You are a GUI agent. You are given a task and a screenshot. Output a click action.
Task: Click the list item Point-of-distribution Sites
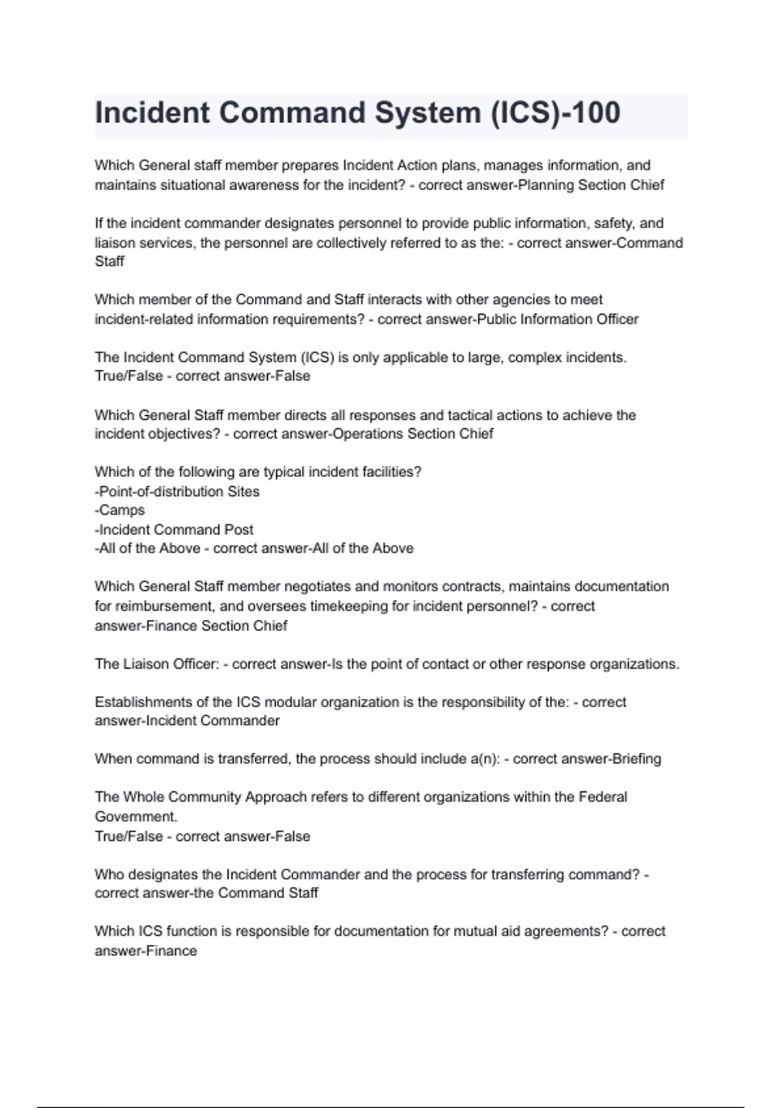[x=177, y=492]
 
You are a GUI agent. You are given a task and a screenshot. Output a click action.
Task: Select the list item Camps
[x=120, y=510]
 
